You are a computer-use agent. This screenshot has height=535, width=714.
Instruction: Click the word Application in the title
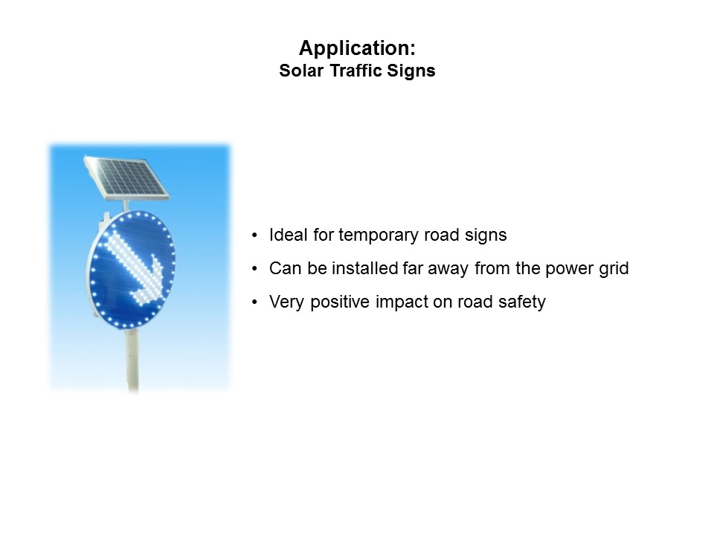pyautogui.click(x=354, y=49)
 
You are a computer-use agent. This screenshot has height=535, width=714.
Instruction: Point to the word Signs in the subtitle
pyautogui.click(x=413, y=71)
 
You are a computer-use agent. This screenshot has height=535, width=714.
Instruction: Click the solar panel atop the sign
pyautogui.click(x=126, y=176)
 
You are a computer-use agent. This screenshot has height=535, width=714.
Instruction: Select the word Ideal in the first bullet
pyautogui.click(x=287, y=235)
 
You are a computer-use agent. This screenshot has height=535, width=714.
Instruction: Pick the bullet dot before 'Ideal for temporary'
pyautogui.click(x=255, y=236)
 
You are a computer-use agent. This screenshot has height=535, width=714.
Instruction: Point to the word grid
pyautogui.click(x=614, y=268)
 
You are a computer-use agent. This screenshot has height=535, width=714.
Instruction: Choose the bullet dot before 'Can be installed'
pyautogui.click(x=255, y=269)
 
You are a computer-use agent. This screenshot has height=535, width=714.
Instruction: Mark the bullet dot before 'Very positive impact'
pyautogui.click(x=255, y=302)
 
